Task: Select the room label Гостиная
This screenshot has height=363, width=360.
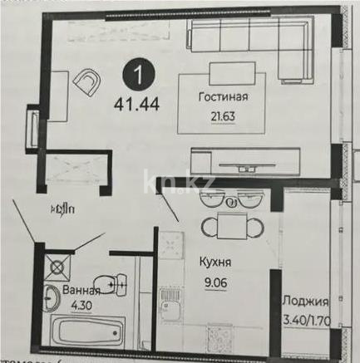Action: point(223,96)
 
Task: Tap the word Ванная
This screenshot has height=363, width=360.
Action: point(81,291)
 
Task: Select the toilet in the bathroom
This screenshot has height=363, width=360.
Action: point(101,285)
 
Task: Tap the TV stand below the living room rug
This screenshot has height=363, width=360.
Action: point(249,159)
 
